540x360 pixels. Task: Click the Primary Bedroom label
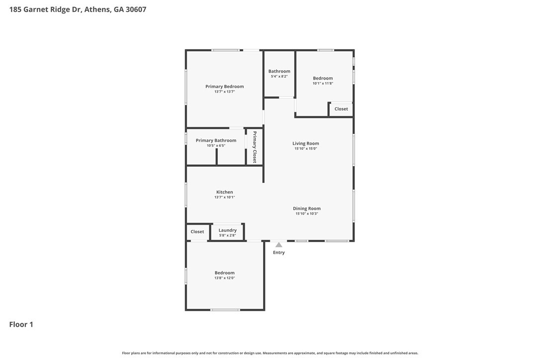224,87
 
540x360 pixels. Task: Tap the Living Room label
305,143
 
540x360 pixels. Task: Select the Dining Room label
306,208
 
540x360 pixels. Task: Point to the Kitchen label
224,192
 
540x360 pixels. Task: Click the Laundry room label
227,230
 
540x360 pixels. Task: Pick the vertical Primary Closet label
255,147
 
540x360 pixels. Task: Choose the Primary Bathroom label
216,140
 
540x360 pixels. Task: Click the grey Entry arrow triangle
279,245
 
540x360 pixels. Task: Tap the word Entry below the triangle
279,253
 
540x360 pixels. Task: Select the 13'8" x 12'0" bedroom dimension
224,278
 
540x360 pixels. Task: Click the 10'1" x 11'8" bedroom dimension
323,84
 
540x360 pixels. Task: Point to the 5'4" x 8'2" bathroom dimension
279,77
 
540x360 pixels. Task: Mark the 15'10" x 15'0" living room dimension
305,149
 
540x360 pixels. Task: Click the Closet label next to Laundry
197,232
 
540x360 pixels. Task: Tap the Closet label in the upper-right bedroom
341,109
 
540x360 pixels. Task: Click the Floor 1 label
21,324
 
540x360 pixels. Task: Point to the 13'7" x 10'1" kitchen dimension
224,197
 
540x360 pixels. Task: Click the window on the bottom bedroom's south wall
225,310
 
